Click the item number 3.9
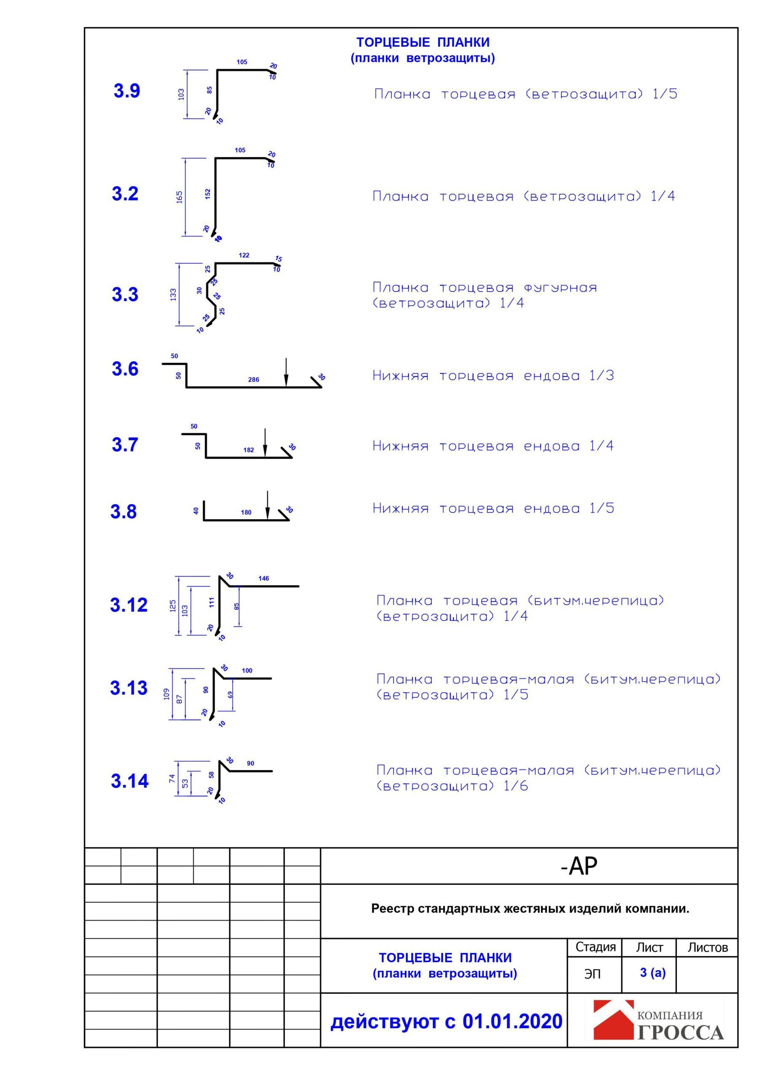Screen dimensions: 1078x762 [126, 91]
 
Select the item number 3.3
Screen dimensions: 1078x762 [125, 294]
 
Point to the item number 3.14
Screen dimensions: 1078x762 [129, 781]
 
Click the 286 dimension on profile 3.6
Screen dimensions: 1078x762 [253, 379]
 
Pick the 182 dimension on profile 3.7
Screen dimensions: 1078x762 [249, 450]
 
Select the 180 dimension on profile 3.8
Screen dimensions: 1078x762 [246, 512]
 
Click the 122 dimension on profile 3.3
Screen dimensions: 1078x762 [244, 256]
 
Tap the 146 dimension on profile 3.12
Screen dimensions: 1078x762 [264, 579]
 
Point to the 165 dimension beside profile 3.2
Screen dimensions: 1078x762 [179, 197]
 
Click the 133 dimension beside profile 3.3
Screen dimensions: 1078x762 [174, 294]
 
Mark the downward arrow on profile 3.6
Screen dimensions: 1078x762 [286, 373]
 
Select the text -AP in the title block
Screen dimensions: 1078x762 [579, 866]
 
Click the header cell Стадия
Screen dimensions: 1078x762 [595, 947]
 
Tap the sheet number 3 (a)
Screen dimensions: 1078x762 [652, 972]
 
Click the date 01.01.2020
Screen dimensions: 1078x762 [512, 1022]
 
